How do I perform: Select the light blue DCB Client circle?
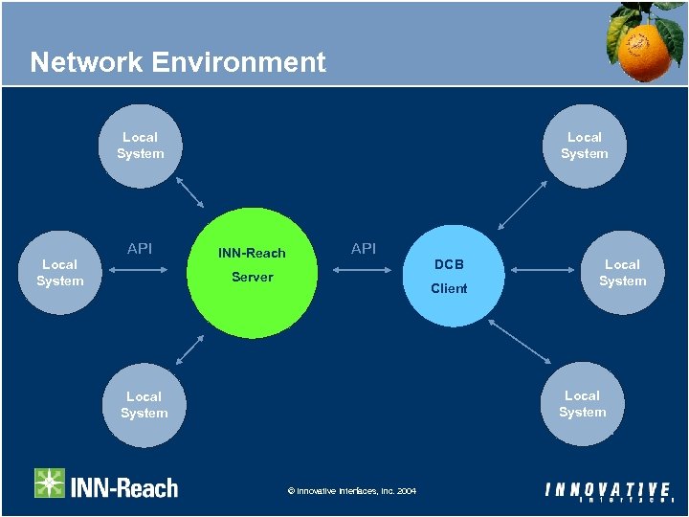(x=448, y=276)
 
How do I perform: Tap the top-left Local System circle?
(x=141, y=146)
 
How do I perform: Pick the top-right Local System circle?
(x=584, y=146)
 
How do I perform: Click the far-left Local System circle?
(x=59, y=272)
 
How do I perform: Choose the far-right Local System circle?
(x=622, y=272)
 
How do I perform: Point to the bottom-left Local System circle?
(x=144, y=404)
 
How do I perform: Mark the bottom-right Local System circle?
(x=582, y=403)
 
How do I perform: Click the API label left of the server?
(x=140, y=249)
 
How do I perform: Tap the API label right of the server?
(x=364, y=249)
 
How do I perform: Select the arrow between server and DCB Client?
(x=364, y=271)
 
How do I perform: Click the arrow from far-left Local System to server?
(x=140, y=271)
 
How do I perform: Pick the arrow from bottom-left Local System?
(x=190, y=350)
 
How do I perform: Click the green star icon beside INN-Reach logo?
(x=50, y=483)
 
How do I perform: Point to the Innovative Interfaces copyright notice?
(x=351, y=491)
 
